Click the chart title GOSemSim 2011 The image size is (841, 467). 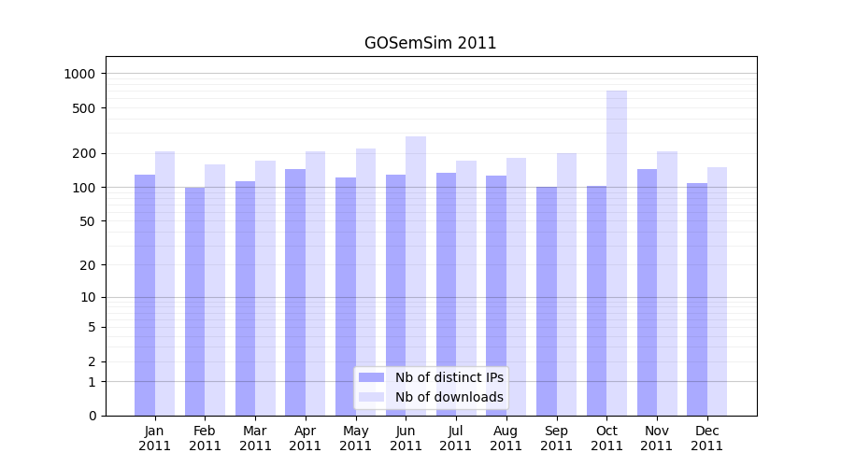(x=430, y=43)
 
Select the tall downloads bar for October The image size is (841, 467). (x=617, y=253)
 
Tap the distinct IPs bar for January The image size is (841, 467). (x=145, y=295)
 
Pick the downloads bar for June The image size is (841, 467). (x=416, y=276)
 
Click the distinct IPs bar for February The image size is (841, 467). (x=194, y=302)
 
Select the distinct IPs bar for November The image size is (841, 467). (x=647, y=292)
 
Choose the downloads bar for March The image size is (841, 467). (x=265, y=288)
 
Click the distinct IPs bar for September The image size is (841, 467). (x=547, y=301)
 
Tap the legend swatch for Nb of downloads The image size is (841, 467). (x=371, y=397)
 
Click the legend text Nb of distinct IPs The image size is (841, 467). (x=449, y=377)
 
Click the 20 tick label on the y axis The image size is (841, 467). (x=88, y=265)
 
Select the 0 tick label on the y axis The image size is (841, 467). (x=92, y=416)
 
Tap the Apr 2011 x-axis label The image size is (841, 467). (x=306, y=438)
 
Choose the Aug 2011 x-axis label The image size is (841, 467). (x=506, y=438)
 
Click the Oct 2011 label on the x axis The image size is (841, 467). (x=606, y=438)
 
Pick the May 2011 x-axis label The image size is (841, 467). (x=356, y=438)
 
